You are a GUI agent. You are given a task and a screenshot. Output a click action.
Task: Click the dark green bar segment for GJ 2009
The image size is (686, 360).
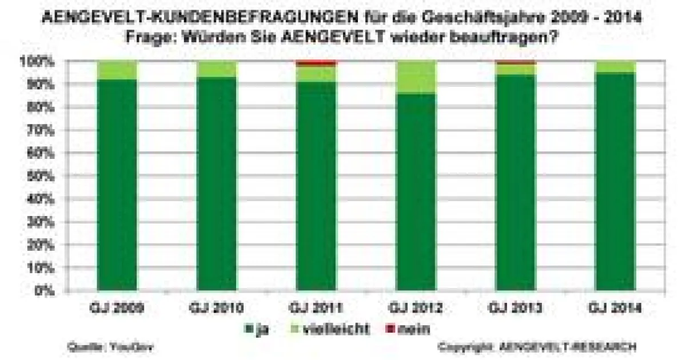(x=118, y=186)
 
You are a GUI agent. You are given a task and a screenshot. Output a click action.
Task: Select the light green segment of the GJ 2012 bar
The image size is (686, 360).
(x=417, y=77)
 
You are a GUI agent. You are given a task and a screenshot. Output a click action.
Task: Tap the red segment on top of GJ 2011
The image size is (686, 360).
(x=317, y=63)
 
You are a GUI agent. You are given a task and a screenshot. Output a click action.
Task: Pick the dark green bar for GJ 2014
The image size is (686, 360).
(x=616, y=183)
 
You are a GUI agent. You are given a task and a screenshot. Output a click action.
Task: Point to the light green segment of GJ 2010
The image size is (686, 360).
(x=217, y=69)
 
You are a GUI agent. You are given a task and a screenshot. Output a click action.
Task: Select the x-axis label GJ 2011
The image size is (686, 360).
(x=317, y=309)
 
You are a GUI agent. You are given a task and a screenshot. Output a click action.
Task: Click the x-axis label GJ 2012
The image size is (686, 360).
(x=417, y=309)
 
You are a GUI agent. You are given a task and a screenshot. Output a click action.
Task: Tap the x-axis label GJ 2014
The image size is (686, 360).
(x=616, y=309)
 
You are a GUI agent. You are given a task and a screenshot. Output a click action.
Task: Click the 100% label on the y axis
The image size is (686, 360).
(x=38, y=61)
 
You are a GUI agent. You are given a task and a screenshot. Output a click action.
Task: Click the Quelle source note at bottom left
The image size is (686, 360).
(x=110, y=347)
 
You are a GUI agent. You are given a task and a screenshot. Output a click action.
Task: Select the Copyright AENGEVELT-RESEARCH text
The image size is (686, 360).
(x=537, y=347)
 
